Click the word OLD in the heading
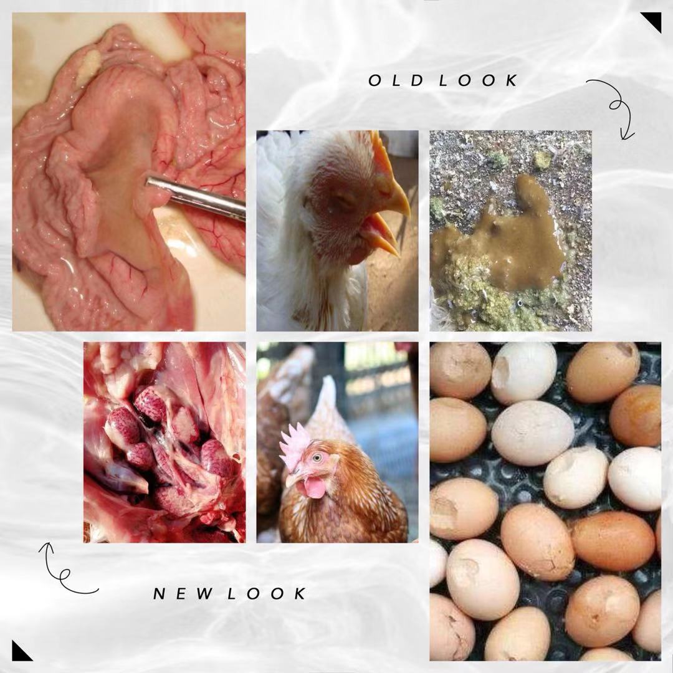click(x=396, y=80)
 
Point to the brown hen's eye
click(x=317, y=457)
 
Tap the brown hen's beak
click(x=292, y=479)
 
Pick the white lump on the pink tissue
click(x=88, y=67)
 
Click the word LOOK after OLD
click(x=479, y=80)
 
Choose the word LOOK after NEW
click(x=267, y=594)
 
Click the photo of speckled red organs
click(x=165, y=442)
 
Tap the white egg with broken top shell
click(x=523, y=373)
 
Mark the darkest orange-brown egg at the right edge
click(x=636, y=415)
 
